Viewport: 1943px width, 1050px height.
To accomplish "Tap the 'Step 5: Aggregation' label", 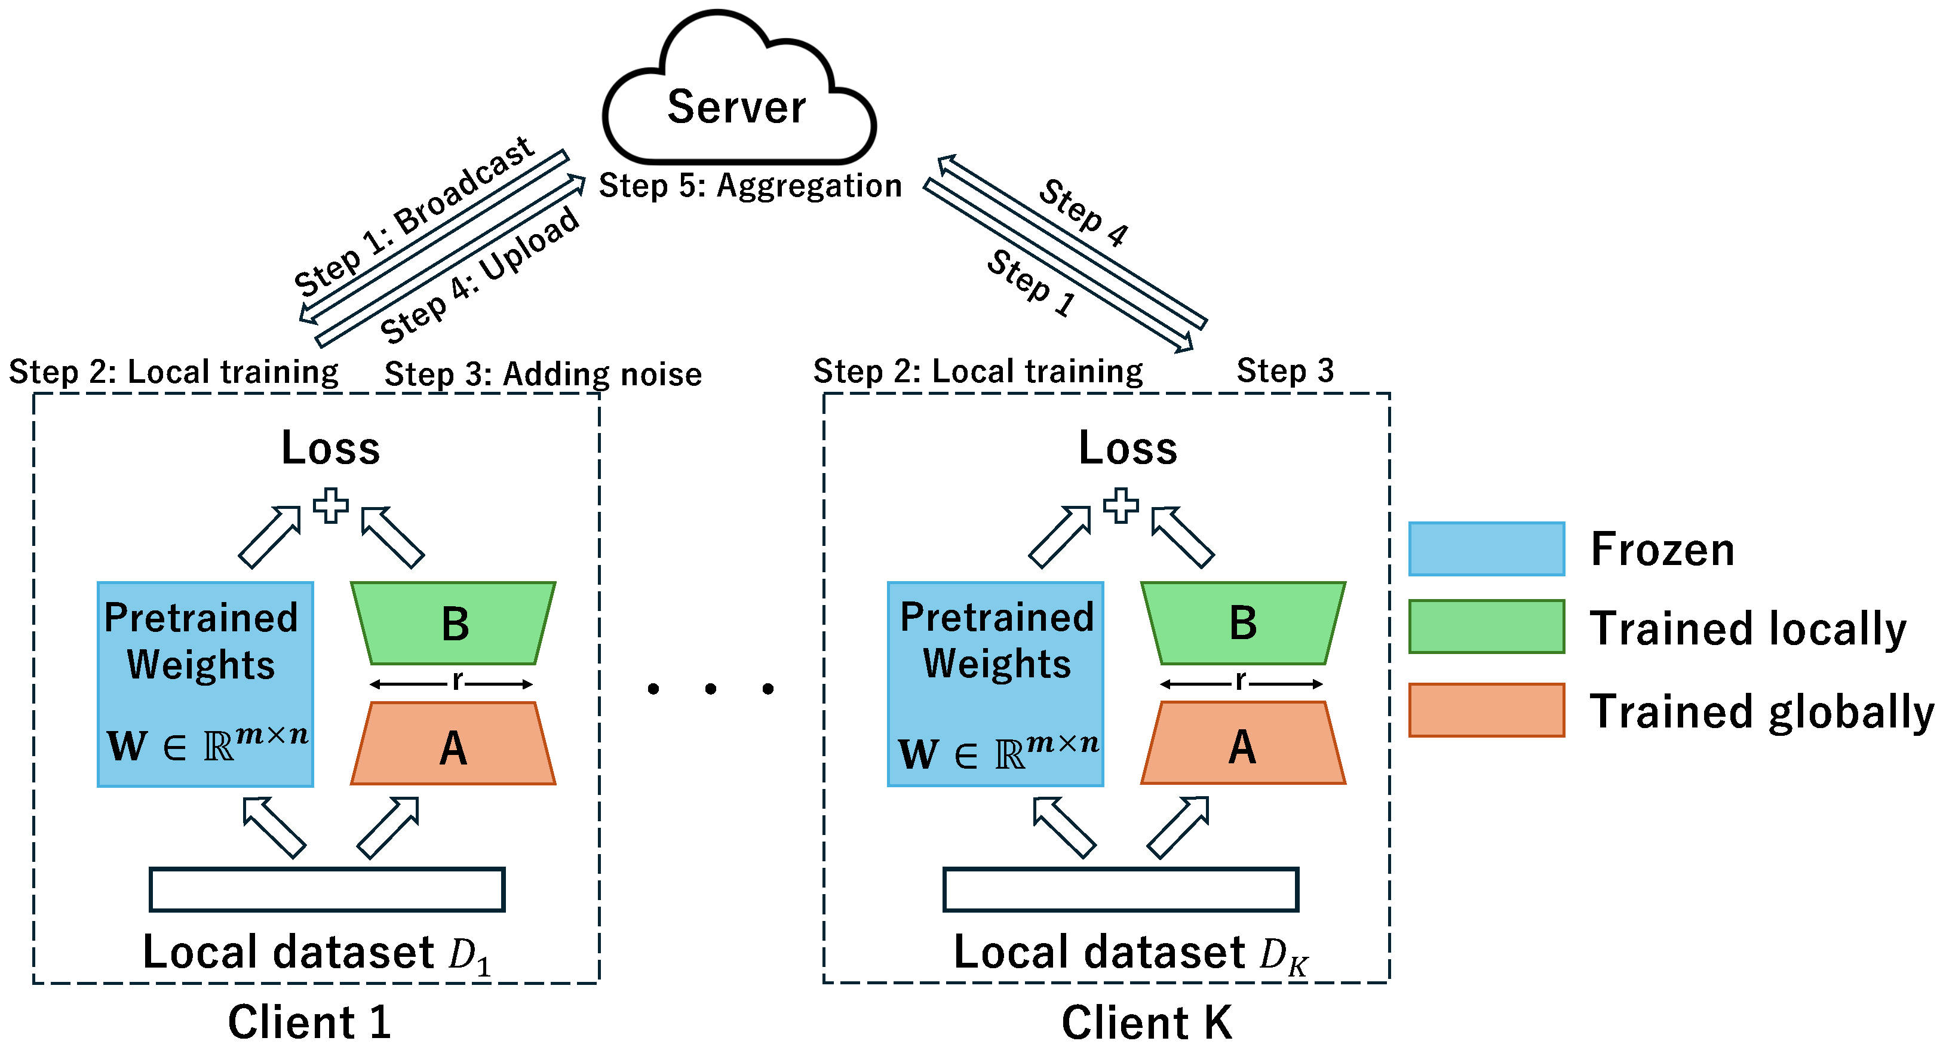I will (x=750, y=186).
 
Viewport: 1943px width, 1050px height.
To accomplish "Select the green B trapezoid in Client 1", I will (x=453, y=624).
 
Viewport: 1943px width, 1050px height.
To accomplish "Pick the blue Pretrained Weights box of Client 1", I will (x=205, y=683).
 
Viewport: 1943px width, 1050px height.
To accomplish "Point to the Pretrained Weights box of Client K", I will (x=995, y=683).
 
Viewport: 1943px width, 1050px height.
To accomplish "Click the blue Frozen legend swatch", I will (x=1486, y=548).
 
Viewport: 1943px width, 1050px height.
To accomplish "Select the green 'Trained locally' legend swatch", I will (x=1486, y=626).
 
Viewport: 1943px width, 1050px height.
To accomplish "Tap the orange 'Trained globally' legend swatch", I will (x=1486, y=710).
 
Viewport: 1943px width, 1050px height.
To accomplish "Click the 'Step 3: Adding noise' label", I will (x=543, y=374).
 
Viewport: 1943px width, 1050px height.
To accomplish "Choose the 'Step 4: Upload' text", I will (x=480, y=276).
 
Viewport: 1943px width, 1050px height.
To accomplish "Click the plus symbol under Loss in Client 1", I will (x=331, y=505).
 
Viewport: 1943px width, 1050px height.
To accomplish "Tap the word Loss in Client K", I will (x=1127, y=448).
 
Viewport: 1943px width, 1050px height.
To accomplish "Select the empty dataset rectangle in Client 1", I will (x=327, y=889).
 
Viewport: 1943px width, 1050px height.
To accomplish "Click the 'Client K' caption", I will (x=1146, y=1023).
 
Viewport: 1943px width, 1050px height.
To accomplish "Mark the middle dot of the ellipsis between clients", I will (x=711, y=688).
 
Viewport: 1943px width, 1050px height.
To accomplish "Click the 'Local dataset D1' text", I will (x=317, y=953).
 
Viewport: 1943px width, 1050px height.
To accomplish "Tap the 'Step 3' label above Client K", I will (x=1285, y=371).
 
